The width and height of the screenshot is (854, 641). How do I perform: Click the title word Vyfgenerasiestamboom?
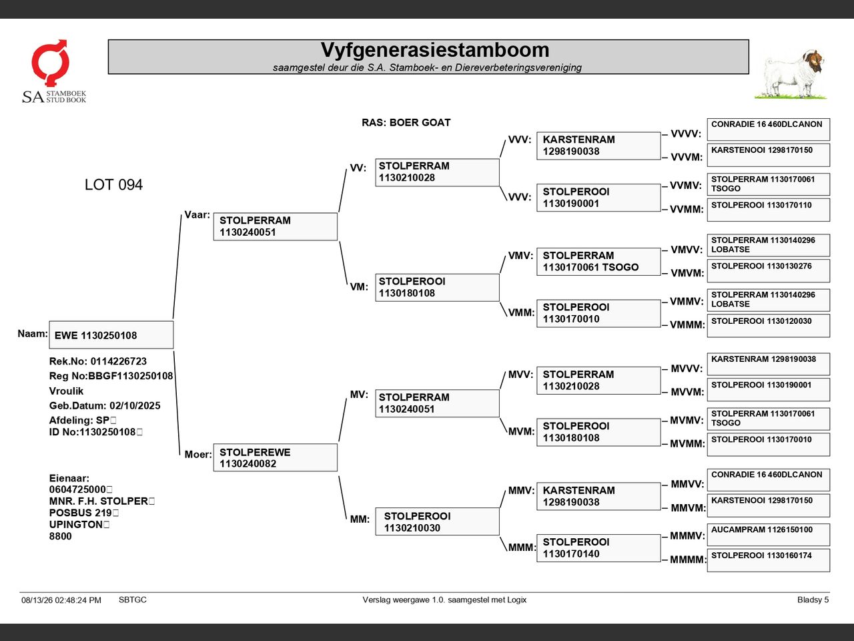(x=434, y=50)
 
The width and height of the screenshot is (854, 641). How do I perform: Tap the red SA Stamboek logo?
(x=50, y=62)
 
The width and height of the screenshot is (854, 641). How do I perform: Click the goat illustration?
(x=791, y=74)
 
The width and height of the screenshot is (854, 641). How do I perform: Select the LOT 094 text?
(x=113, y=184)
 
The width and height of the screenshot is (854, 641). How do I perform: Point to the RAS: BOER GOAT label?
(x=406, y=123)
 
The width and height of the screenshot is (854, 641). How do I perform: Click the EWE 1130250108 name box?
(x=111, y=335)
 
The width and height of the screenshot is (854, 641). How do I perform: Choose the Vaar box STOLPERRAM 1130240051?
(x=275, y=226)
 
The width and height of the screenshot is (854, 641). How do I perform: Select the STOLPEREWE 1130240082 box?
(x=275, y=457)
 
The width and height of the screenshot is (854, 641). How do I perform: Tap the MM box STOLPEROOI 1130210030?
(x=437, y=521)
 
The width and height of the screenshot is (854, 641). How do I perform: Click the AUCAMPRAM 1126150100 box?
(x=768, y=534)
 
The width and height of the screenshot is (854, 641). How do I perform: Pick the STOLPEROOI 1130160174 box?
(x=768, y=560)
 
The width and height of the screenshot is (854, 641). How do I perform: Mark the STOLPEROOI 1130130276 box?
(x=768, y=271)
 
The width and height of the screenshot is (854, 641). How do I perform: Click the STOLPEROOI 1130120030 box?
(x=768, y=326)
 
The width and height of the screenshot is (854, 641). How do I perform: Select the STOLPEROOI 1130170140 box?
(x=598, y=548)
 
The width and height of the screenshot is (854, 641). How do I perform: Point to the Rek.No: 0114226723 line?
(x=97, y=361)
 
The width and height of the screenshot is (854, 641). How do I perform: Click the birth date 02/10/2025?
(x=135, y=405)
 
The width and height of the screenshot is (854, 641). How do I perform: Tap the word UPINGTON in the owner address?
(x=76, y=524)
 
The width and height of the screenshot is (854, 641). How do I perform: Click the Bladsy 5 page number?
(x=813, y=600)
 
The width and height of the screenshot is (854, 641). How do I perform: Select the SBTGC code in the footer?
(x=133, y=600)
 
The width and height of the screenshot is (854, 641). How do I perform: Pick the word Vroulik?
(x=66, y=391)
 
